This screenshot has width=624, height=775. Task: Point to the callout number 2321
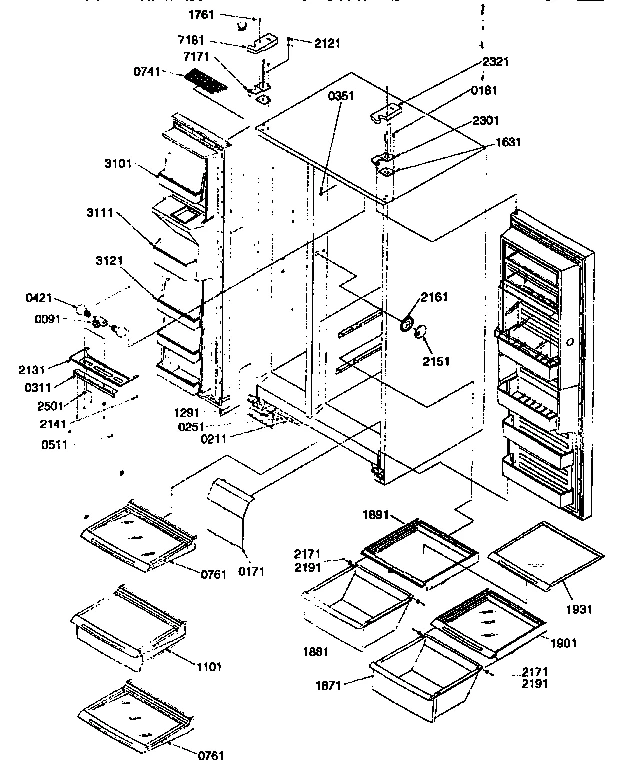pos(495,61)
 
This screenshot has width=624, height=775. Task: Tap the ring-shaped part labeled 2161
pos(408,324)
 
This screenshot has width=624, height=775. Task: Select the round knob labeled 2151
pos(423,334)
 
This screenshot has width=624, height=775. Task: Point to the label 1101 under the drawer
pos(208,666)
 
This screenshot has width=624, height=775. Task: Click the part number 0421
pos(38,298)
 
